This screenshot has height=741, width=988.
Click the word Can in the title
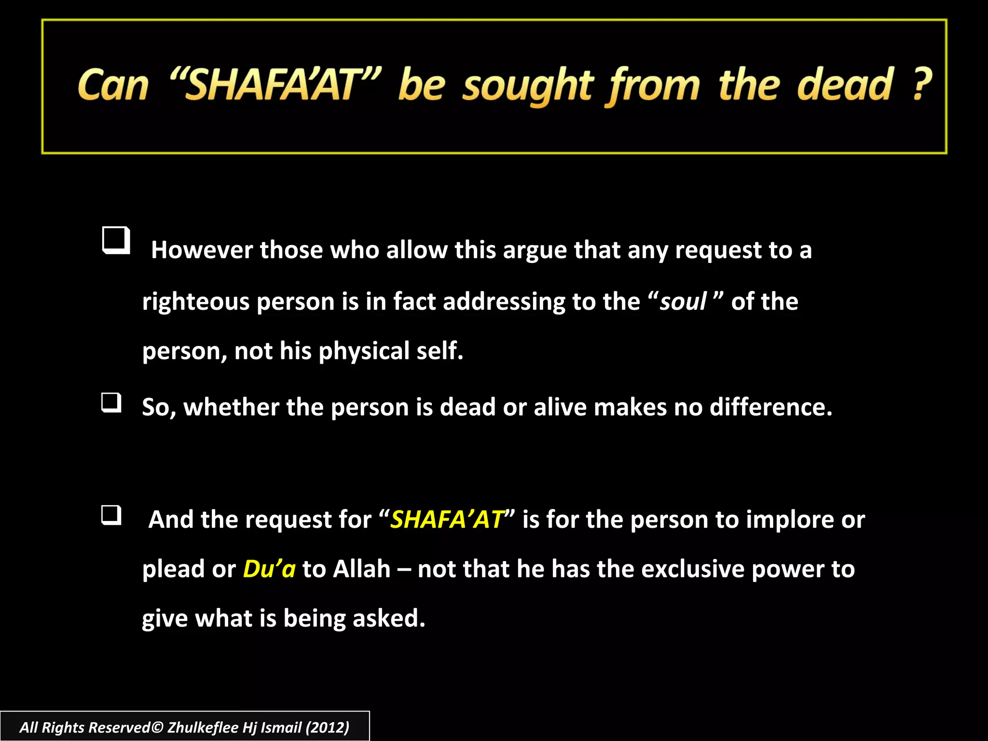pyautogui.click(x=113, y=86)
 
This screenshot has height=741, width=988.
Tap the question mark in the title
pyautogui.click(x=922, y=84)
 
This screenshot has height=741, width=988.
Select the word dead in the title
pyautogui.click(x=845, y=85)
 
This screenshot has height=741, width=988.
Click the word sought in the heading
pyautogui.click(x=527, y=87)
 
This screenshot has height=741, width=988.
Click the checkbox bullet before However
pyautogui.click(x=116, y=240)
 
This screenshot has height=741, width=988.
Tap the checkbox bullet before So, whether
pyautogui.click(x=111, y=403)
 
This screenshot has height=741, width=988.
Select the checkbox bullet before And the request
pyautogui.click(x=111, y=515)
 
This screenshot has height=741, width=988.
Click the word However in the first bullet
pyautogui.click(x=202, y=250)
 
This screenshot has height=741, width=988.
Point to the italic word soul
pyautogui.click(x=683, y=302)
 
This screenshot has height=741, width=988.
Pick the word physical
pyautogui.click(x=364, y=351)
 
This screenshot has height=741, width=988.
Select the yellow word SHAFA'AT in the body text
pyautogui.click(x=447, y=520)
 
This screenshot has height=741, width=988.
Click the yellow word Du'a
pyautogui.click(x=269, y=569)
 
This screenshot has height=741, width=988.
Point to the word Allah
pyautogui.click(x=361, y=569)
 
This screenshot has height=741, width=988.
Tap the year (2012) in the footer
pyautogui.click(x=328, y=727)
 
